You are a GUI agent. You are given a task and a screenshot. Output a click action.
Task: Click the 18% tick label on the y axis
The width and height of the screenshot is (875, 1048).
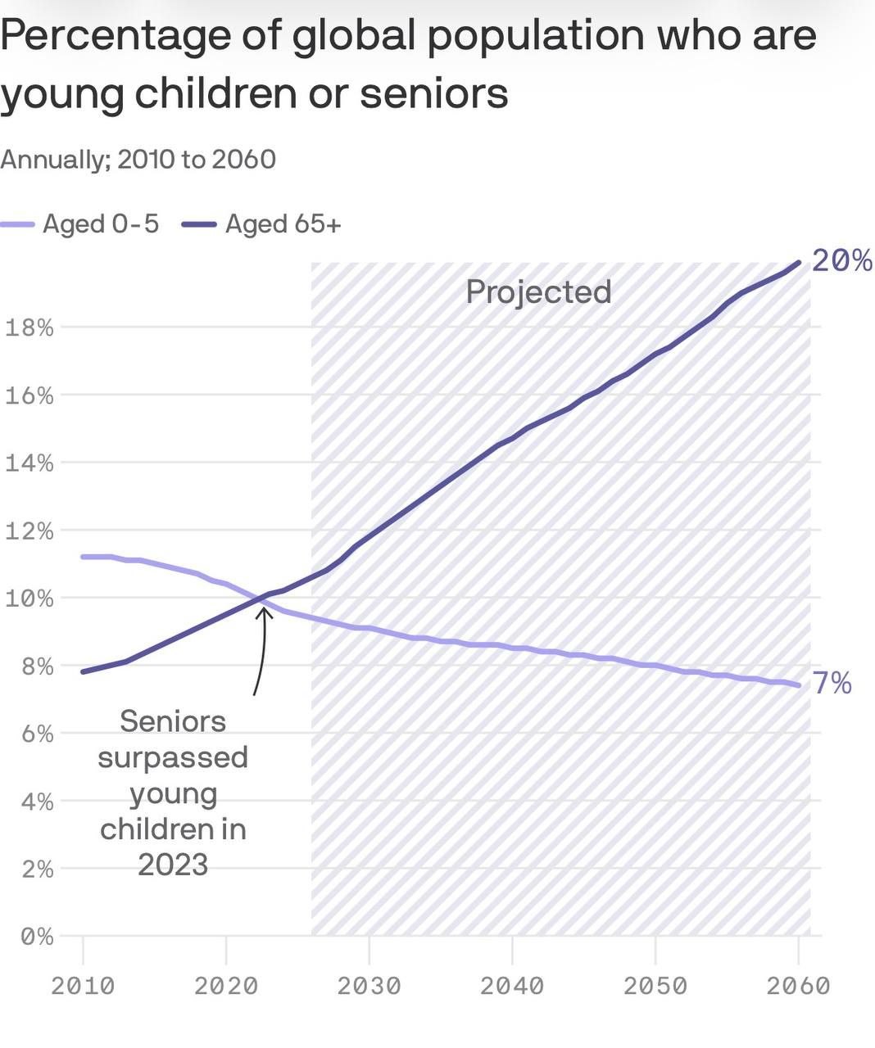click(x=29, y=327)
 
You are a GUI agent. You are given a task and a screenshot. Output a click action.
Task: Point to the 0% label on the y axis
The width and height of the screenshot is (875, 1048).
click(x=37, y=937)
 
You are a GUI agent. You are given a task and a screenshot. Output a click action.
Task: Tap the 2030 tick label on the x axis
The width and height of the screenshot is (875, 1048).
click(x=369, y=986)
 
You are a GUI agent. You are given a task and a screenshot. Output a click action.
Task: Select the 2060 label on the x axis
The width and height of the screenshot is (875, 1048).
click(x=798, y=986)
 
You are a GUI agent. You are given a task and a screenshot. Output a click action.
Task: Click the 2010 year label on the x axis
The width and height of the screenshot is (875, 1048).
click(x=83, y=986)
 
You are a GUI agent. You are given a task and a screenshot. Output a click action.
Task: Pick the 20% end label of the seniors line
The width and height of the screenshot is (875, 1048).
click(x=842, y=260)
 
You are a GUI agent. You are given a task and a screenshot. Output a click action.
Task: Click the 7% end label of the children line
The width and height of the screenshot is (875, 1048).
click(x=832, y=683)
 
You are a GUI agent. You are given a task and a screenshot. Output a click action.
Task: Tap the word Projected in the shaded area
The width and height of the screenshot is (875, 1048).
click(x=538, y=292)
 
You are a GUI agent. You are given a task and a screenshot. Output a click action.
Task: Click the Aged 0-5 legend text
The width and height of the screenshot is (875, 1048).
click(x=101, y=224)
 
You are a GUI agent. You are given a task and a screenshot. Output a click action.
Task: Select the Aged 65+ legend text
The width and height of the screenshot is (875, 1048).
click(x=283, y=224)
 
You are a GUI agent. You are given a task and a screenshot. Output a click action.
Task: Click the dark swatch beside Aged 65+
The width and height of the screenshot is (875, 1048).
click(x=199, y=224)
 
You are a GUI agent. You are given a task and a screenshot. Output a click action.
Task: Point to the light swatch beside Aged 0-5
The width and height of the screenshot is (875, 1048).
click(x=17, y=224)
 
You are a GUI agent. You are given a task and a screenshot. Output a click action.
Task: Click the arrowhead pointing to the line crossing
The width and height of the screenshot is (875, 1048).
click(x=263, y=612)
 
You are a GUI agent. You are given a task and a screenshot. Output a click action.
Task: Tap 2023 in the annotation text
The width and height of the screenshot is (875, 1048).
click(x=173, y=865)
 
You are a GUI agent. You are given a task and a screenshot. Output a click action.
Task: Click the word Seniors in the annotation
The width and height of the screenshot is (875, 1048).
click(x=173, y=722)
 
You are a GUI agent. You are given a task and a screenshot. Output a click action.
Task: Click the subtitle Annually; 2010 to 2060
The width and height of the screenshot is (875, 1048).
click(x=138, y=160)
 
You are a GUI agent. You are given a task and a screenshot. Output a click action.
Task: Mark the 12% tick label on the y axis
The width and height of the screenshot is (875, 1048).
click(x=29, y=531)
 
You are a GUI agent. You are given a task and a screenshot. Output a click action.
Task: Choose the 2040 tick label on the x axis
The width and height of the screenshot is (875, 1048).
click(x=512, y=986)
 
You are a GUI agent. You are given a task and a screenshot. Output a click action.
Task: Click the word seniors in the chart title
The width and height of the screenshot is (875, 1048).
click(x=434, y=94)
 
